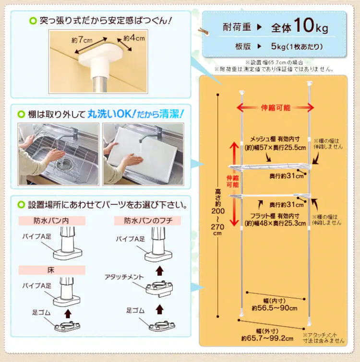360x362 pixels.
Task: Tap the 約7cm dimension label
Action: click(82, 40)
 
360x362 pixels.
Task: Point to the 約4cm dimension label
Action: click(134, 37)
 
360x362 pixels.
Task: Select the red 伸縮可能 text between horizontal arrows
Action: click(276, 107)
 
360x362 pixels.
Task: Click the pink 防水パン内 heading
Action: click(51, 221)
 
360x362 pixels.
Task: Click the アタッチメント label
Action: click(124, 277)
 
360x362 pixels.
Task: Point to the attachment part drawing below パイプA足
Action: click(159, 289)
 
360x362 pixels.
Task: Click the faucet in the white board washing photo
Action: click(151, 135)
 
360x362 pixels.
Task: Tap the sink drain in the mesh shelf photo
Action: click(65, 164)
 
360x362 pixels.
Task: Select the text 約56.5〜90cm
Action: click(275, 308)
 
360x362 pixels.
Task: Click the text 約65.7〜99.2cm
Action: click(267, 339)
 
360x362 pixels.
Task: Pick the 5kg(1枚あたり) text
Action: click(297, 47)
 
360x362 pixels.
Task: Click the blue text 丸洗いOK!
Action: click(111, 114)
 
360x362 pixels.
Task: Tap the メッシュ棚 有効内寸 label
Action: click(275, 139)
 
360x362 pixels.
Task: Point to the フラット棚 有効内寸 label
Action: click(275, 216)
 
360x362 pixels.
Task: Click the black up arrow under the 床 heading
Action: click(68, 314)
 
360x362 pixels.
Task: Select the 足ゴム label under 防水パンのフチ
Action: click(136, 311)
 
